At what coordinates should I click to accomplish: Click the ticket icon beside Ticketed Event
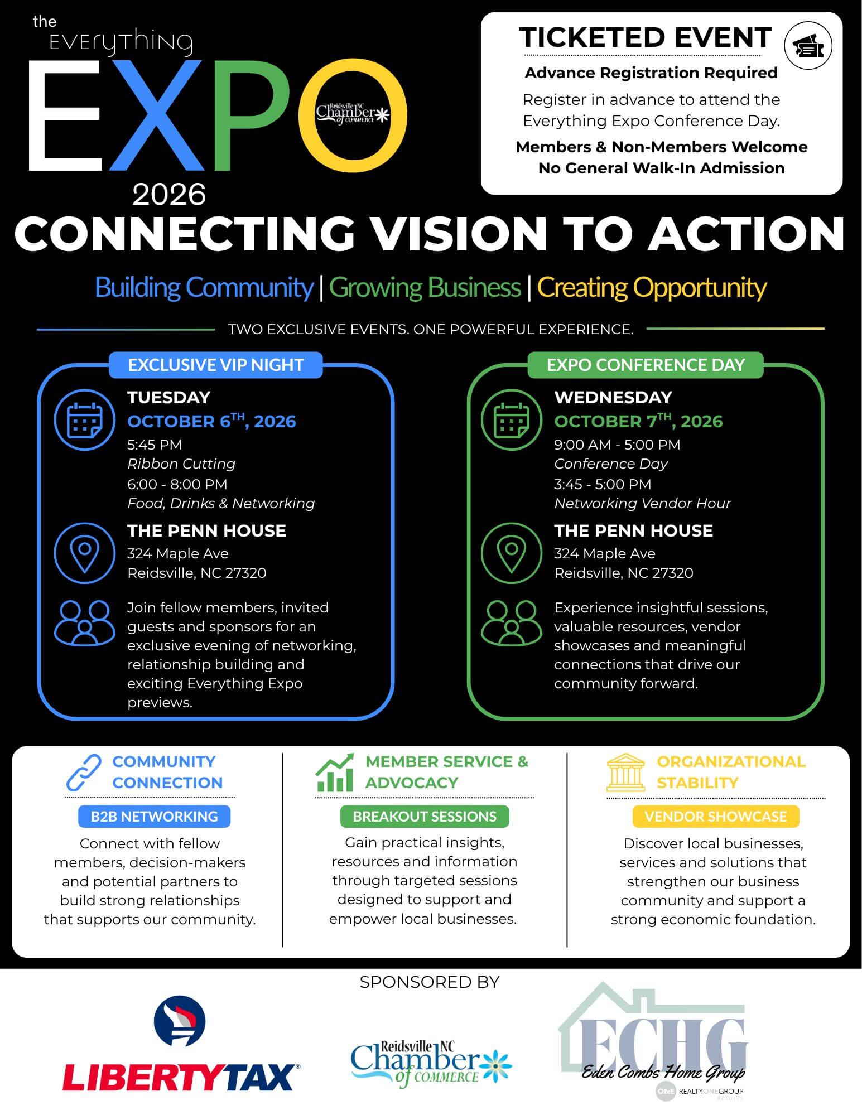(x=808, y=46)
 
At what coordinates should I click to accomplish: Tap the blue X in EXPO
(x=157, y=115)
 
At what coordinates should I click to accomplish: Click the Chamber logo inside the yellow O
(x=353, y=114)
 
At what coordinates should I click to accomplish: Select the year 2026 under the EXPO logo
(x=169, y=194)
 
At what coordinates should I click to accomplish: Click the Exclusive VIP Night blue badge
(x=216, y=365)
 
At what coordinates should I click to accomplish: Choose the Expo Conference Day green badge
(x=646, y=365)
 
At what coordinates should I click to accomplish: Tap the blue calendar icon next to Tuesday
(x=85, y=419)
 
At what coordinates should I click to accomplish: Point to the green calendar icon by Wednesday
(x=512, y=419)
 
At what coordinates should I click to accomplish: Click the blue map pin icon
(x=85, y=553)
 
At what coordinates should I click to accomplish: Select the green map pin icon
(x=512, y=553)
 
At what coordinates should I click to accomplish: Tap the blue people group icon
(x=85, y=623)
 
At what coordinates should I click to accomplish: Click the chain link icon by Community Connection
(x=84, y=773)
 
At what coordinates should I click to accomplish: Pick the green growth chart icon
(x=335, y=773)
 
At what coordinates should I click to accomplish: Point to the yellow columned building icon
(x=625, y=773)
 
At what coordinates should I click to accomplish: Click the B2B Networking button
(x=154, y=817)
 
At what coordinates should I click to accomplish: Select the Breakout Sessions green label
(x=425, y=817)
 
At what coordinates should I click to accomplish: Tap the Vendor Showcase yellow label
(x=716, y=817)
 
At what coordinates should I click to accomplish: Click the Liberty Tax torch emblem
(x=180, y=1021)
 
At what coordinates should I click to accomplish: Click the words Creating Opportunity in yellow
(x=652, y=287)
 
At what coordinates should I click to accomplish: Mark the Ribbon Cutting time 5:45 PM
(x=155, y=445)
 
